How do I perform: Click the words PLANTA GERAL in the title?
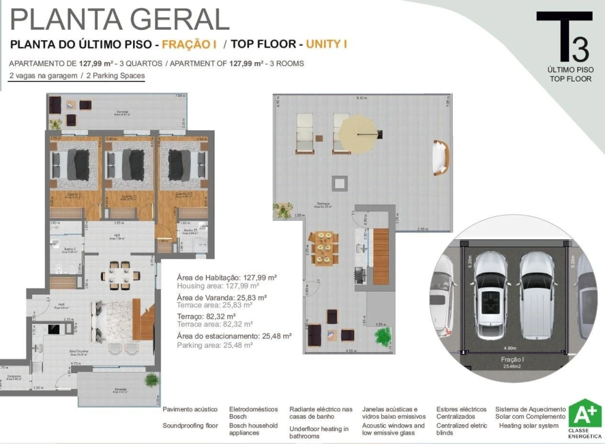(x=120, y=19)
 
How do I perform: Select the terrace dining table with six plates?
(x=324, y=249)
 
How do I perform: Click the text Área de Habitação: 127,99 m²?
(x=226, y=277)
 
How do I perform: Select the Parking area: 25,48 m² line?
(x=214, y=345)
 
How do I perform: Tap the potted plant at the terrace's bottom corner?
(x=383, y=337)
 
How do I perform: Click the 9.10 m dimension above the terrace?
(x=362, y=98)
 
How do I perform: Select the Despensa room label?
(x=14, y=376)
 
